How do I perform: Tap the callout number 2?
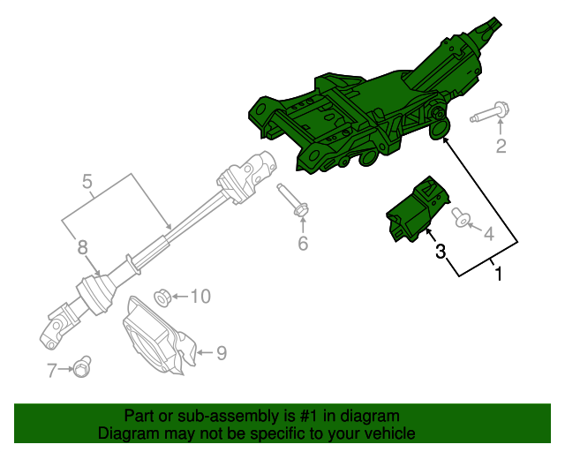point(501,147)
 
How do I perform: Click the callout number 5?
point(87,183)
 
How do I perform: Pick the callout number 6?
point(303,243)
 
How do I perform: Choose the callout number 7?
point(52,369)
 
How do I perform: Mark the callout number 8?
point(82,247)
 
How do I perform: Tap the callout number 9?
point(221,353)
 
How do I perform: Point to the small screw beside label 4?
point(459,216)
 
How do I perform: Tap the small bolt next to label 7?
point(84,364)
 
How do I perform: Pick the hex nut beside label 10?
point(162,295)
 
